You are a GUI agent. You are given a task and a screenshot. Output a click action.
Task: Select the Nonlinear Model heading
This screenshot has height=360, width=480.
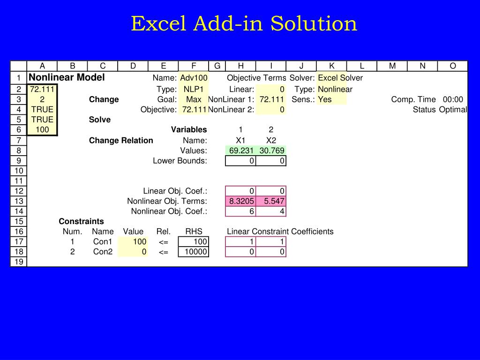[x=67, y=77]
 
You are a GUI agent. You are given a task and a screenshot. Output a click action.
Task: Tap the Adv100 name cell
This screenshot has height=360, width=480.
[x=194, y=78]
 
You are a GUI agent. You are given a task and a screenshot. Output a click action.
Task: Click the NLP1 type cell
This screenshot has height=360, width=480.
[x=193, y=89]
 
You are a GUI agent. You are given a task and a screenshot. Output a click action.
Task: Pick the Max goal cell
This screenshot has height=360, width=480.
[x=194, y=99]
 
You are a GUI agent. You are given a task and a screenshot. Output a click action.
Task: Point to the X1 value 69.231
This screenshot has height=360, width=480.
[x=241, y=150]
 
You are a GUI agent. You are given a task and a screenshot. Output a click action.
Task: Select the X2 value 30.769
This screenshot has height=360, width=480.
[x=271, y=150]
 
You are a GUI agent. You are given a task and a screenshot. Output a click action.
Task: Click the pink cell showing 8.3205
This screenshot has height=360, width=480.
[x=241, y=201]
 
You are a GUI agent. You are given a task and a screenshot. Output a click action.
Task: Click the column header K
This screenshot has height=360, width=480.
[x=331, y=66]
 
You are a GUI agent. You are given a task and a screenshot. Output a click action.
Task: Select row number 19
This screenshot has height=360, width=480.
[x=19, y=262]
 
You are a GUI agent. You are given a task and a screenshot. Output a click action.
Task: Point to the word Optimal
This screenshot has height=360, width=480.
[x=453, y=110]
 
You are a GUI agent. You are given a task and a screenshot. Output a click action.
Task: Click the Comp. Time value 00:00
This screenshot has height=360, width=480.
[x=453, y=99]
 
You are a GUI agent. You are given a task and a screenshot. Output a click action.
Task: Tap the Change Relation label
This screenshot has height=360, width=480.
[x=121, y=140]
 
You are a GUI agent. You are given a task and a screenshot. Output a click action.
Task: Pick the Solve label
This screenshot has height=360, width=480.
[x=100, y=120]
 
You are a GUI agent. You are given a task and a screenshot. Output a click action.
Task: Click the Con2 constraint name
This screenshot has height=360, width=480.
[x=103, y=252]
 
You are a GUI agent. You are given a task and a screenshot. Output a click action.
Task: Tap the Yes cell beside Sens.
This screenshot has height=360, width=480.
[x=325, y=99]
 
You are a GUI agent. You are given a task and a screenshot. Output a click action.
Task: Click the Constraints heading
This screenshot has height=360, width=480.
[x=81, y=221]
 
